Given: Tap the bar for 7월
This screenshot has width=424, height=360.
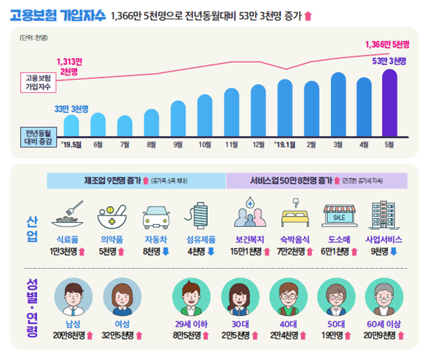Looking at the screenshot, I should (124, 126).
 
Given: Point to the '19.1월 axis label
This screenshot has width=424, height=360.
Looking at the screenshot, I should (284, 143).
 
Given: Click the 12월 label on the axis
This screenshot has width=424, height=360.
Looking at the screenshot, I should (258, 143).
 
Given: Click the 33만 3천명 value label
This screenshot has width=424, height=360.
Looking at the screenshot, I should (71, 108).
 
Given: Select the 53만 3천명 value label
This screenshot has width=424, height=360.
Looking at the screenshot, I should (389, 61).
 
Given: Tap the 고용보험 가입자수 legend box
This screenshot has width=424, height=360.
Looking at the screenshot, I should (38, 82).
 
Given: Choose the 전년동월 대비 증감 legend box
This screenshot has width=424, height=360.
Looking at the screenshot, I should (38, 136).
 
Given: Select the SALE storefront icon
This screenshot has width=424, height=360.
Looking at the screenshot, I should (338, 217).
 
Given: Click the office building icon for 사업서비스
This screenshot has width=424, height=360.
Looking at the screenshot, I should (383, 216).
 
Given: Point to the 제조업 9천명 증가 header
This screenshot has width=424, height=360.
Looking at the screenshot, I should (113, 180).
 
